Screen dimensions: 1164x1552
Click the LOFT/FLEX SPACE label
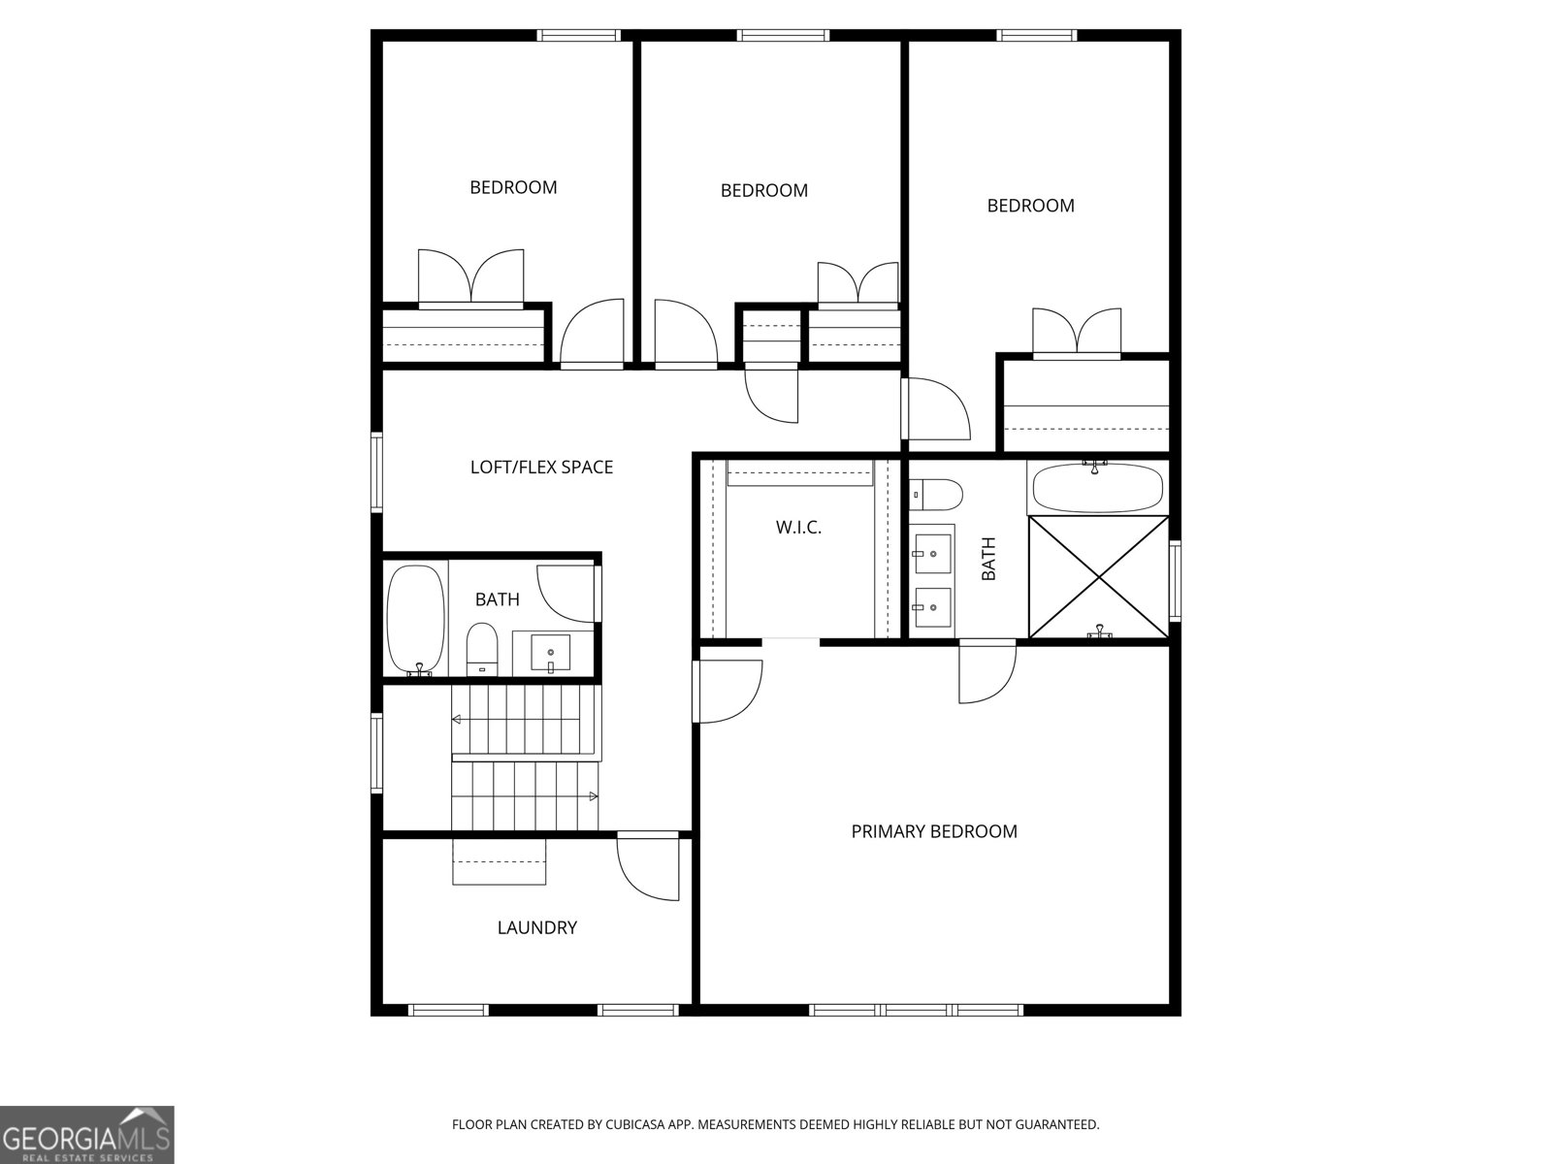[541, 468]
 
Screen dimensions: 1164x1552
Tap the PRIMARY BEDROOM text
[933, 831]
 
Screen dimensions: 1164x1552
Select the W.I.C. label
[798, 528]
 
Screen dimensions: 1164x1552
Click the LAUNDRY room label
[536, 928]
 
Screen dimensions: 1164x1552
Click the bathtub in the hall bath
[416, 620]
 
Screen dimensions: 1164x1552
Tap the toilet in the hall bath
[481, 648]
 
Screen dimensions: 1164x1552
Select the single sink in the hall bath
[552, 651]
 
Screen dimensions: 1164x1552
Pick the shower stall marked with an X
[1098, 577]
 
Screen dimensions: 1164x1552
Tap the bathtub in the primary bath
[1097, 488]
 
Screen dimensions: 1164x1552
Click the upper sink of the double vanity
[932, 554]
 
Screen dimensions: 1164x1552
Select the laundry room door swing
[648, 866]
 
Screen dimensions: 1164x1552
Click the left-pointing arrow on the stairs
[456, 720]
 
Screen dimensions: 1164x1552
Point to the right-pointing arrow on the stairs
[593, 796]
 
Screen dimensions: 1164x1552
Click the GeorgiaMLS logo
[86, 1134]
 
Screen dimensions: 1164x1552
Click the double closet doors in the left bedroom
[470, 278]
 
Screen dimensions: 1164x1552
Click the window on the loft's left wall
[376, 472]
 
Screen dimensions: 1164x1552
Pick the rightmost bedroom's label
[1030, 206]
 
